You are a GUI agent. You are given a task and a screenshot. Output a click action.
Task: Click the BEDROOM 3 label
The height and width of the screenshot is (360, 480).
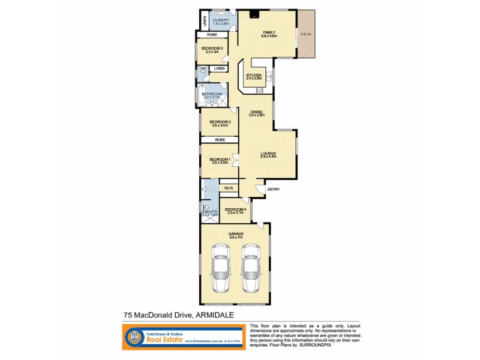click(x=212, y=49)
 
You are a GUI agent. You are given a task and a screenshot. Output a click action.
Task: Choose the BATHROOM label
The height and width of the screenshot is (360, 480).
click(x=212, y=94)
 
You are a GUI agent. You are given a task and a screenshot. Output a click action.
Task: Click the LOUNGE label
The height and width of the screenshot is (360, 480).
click(x=268, y=154)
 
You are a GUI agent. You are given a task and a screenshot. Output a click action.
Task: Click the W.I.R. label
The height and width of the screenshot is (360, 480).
click(x=229, y=188)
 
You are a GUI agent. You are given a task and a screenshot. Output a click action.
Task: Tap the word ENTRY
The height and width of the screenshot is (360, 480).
click(x=274, y=190)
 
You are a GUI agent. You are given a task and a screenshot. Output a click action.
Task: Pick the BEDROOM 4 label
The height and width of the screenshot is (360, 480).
click(x=235, y=209)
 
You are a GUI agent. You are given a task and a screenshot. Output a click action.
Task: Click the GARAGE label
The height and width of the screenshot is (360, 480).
click(x=235, y=234)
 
